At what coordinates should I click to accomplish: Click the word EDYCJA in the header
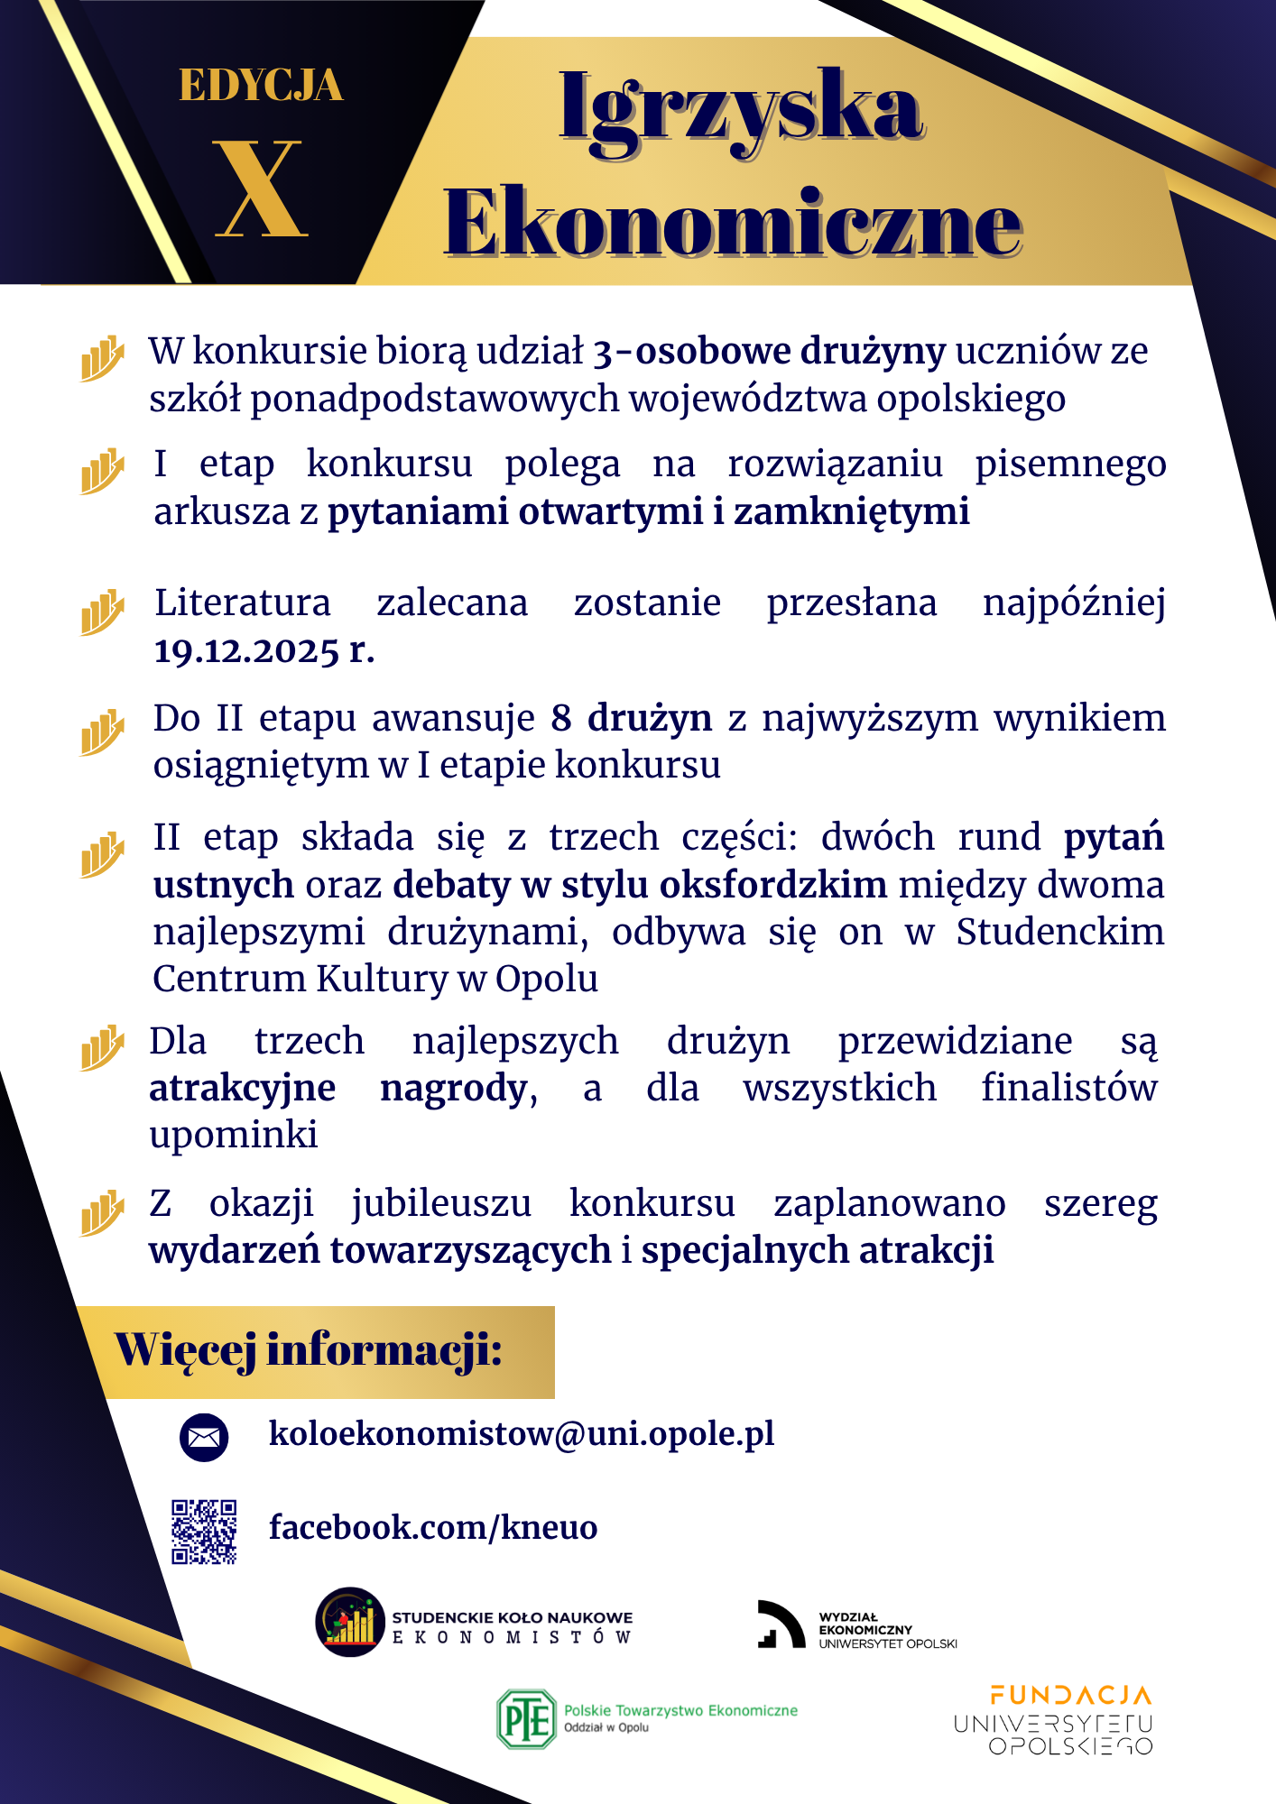261,87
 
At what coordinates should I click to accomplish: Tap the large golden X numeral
262,189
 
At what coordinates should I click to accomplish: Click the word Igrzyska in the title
740,108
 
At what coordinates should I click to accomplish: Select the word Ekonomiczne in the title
732,224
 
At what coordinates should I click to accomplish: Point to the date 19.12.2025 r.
264,650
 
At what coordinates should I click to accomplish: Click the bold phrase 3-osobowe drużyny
769,352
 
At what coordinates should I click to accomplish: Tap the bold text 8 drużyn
632,719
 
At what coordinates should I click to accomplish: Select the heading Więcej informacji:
309,1351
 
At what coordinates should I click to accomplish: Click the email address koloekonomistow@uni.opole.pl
522,1433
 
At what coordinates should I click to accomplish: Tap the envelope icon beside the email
204,1436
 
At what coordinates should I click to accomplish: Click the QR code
205,1531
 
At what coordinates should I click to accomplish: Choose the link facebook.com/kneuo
433,1528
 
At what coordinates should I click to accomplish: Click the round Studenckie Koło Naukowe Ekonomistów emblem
350,1622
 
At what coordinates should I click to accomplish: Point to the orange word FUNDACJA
1070,1696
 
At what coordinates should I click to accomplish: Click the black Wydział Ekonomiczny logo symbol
780,1625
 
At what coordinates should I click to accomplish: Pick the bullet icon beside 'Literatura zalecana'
102,612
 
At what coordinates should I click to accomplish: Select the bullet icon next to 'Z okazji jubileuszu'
102,1212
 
